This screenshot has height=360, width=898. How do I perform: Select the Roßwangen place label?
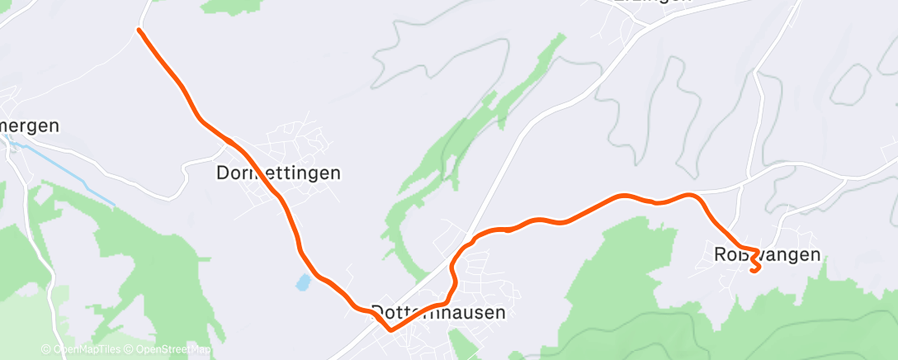click(x=768, y=254)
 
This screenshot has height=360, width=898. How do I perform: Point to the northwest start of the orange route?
click(x=139, y=30)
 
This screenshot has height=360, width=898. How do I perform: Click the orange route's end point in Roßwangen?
click(x=754, y=270)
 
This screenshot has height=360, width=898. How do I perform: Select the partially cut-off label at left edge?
click(x=30, y=126)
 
